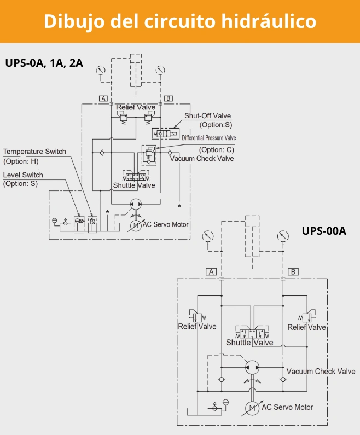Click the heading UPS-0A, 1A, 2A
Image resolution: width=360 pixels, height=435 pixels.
[44, 62]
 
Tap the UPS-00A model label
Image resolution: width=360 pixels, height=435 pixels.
[324, 230]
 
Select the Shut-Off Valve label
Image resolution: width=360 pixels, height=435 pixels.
[207, 116]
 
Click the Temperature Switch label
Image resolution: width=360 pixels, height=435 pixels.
[34, 152]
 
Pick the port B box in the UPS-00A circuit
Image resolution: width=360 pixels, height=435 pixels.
[293, 271]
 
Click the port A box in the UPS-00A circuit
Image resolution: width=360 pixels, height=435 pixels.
[211, 271]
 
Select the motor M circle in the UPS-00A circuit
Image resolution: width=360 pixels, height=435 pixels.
[252, 408]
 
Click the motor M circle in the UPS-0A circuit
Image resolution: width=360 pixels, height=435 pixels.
[135, 224]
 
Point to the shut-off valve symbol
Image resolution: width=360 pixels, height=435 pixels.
[166, 134]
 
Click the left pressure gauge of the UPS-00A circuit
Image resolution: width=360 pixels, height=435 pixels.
[207, 237]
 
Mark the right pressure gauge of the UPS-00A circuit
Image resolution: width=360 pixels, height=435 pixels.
[282, 237]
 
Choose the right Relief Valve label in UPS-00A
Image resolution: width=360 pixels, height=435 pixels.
[307, 327]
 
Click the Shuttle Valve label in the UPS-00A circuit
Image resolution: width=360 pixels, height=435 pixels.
[249, 343]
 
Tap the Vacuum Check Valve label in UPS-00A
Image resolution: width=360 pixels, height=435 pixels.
[321, 371]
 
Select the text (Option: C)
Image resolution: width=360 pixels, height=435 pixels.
[216, 150]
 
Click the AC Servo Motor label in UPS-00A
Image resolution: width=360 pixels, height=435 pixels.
[287, 407]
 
